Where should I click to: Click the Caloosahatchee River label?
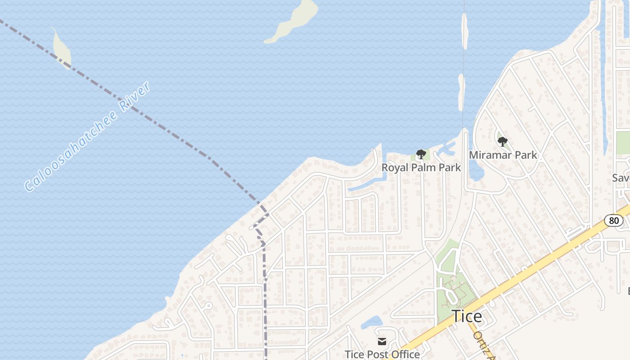[x=88, y=136]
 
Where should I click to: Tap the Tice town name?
[x=467, y=316]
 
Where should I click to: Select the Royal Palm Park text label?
[x=421, y=167]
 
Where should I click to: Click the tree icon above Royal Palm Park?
[x=421, y=155]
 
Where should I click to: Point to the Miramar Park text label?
[x=503, y=155]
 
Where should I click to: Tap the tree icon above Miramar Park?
[x=503, y=142]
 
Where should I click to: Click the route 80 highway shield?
[x=614, y=220]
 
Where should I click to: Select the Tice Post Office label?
[x=382, y=354]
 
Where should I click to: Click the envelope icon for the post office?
[x=382, y=342]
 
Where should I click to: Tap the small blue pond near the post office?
[x=372, y=322]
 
